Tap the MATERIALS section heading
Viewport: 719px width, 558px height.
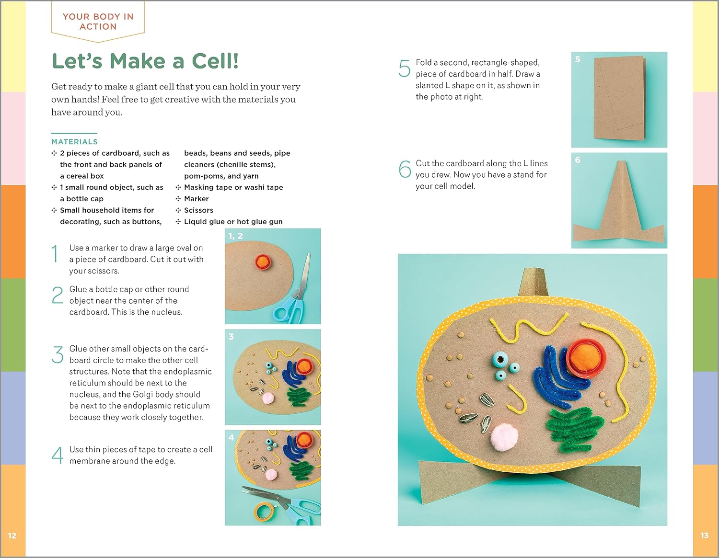(x=74, y=142)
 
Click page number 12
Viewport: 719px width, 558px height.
(x=12, y=535)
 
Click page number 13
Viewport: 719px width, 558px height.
(x=705, y=535)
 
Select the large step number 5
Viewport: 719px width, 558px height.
(x=405, y=69)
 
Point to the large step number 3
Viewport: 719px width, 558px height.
(x=58, y=355)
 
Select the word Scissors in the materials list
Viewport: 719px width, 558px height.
(x=198, y=210)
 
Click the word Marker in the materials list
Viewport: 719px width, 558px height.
(x=197, y=199)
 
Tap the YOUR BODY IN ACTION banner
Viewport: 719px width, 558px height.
(x=98, y=22)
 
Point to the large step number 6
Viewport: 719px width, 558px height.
(x=405, y=169)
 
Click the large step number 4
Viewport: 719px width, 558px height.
(x=58, y=455)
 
